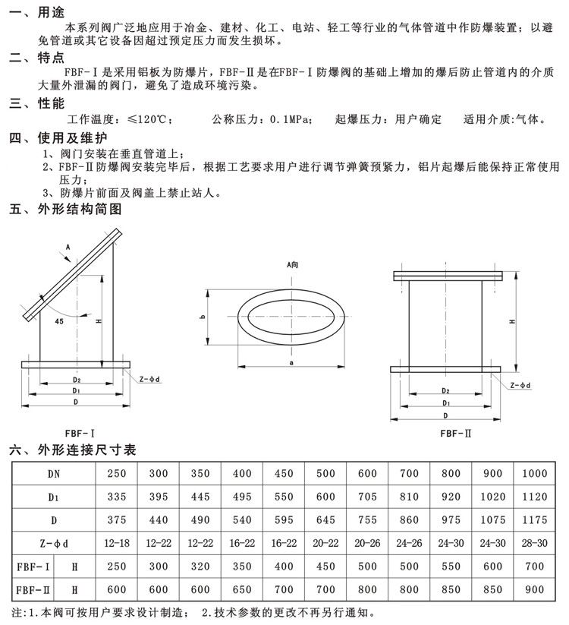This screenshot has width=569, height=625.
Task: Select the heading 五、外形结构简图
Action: tap(64, 209)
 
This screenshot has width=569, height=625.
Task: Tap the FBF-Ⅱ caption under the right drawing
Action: tap(455, 434)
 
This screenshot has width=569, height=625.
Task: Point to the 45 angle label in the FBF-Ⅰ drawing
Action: tap(60, 321)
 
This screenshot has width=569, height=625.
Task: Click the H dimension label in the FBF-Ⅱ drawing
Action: tap(514, 323)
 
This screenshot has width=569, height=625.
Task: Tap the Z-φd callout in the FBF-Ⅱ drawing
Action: tap(520, 386)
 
